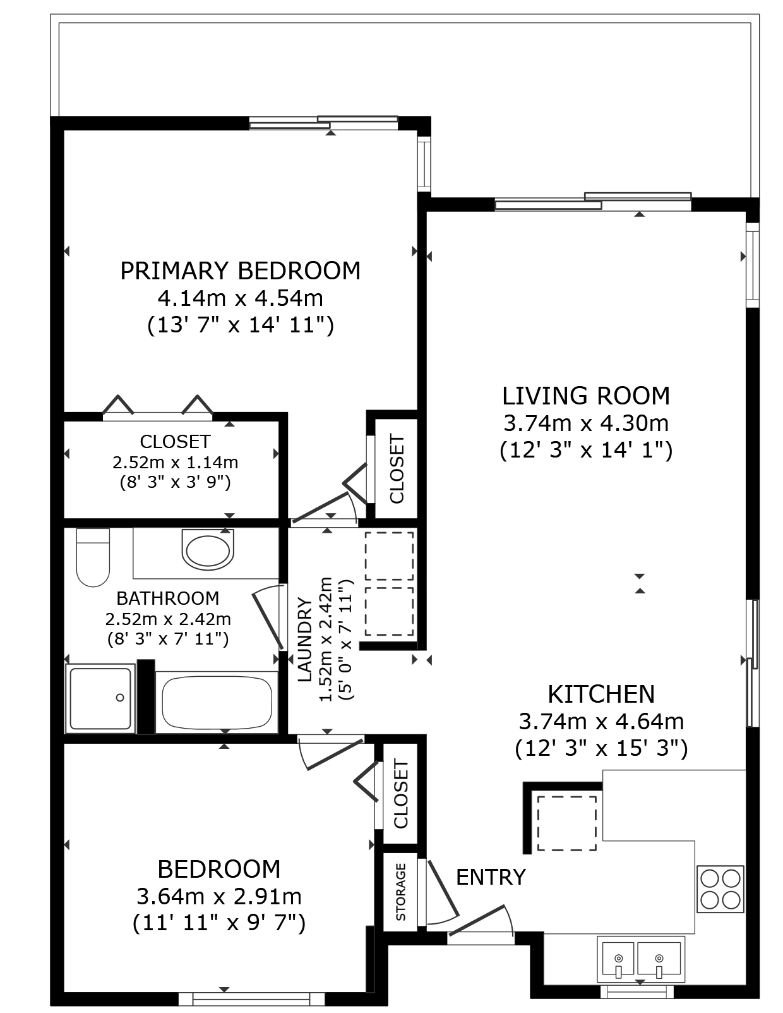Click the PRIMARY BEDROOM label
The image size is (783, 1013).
(x=241, y=271)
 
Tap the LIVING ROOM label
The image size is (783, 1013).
(x=586, y=396)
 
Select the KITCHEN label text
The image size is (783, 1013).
(x=601, y=694)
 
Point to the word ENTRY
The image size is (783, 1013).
(x=491, y=877)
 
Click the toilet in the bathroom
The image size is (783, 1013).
(x=93, y=557)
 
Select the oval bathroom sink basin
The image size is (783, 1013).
(x=208, y=550)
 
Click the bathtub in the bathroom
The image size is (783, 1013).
(x=217, y=702)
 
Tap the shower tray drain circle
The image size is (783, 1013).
(x=120, y=698)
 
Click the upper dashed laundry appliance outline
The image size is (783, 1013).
(x=389, y=555)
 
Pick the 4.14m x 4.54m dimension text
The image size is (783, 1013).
(x=241, y=298)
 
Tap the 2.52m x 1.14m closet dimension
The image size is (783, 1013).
(x=175, y=463)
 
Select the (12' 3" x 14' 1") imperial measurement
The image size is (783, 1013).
(x=586, y=451)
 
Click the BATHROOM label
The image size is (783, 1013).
(x=168, y=598)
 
